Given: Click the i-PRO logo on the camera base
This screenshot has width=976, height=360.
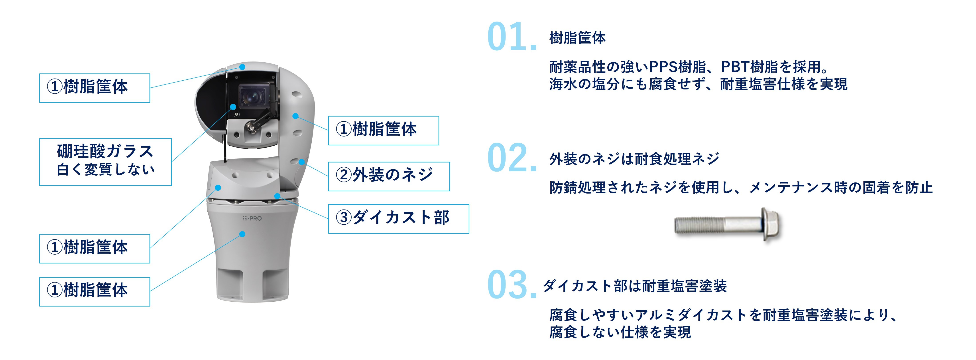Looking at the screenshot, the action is pos(252,218).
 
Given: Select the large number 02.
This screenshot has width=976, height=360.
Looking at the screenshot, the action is pos(512,158).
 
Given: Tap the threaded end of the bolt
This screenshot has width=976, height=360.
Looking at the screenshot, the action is pos(699,225).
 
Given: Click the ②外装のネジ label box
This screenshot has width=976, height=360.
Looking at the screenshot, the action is pos(389,176).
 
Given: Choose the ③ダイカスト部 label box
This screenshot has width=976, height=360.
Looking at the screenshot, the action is pos(399,219).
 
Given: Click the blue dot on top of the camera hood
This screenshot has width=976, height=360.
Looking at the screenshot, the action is pos(242,67).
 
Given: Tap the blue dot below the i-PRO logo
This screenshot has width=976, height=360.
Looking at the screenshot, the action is pos(242,234).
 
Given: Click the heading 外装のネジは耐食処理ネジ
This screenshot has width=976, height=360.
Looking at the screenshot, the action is pos(634,159).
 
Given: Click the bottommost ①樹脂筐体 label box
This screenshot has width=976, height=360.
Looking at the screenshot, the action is pos(95,291).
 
